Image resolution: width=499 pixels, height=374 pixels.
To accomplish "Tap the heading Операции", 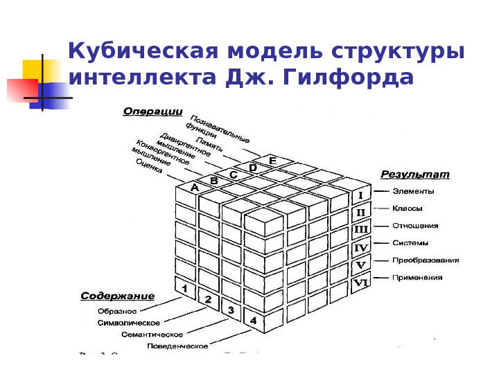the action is click(x=152, y=111).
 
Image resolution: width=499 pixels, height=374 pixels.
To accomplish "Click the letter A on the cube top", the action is click(x=195, y=187).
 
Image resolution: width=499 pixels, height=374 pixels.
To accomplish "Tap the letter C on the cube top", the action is click(x=234, y=175).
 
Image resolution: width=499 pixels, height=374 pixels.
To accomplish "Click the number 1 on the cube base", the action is click(x=184, y=288).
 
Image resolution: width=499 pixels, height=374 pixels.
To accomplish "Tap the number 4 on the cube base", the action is click(x=254, y=321).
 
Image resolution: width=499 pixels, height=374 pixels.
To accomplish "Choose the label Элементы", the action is click(x=413, y=191).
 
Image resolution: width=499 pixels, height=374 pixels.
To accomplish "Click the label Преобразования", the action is click(x=426, y=260).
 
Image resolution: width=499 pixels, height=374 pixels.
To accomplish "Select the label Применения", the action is click(x=417, y=278).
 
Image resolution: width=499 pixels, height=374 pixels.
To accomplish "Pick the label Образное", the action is click(x=117, y=311).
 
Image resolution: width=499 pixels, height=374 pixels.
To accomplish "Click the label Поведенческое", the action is click(x=177, y=346).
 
